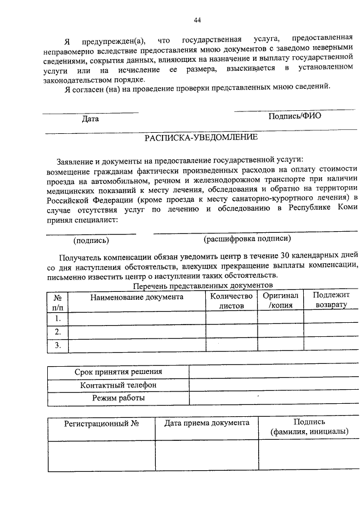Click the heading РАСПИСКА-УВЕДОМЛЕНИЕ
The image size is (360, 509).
pos(201,137)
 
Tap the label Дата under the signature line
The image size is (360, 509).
pos(90,119)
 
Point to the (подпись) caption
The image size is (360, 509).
pos(92,240)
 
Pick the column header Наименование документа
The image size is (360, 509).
pos(137,297)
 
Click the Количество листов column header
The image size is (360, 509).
pos(228,301)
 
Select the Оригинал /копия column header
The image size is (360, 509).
pos(280,300)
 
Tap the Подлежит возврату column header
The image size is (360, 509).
pos(331,300)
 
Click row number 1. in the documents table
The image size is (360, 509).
pos(57,318)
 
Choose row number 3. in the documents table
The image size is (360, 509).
pos(57,345)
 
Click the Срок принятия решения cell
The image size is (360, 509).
pos(118,372)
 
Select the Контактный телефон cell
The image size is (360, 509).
pos(118,385)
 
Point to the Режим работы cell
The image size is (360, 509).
pos(118,398)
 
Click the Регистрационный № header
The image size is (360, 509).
pos(102,423)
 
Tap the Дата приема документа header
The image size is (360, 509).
pos(206,423)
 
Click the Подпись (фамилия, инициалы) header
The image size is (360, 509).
pos(309,427)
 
